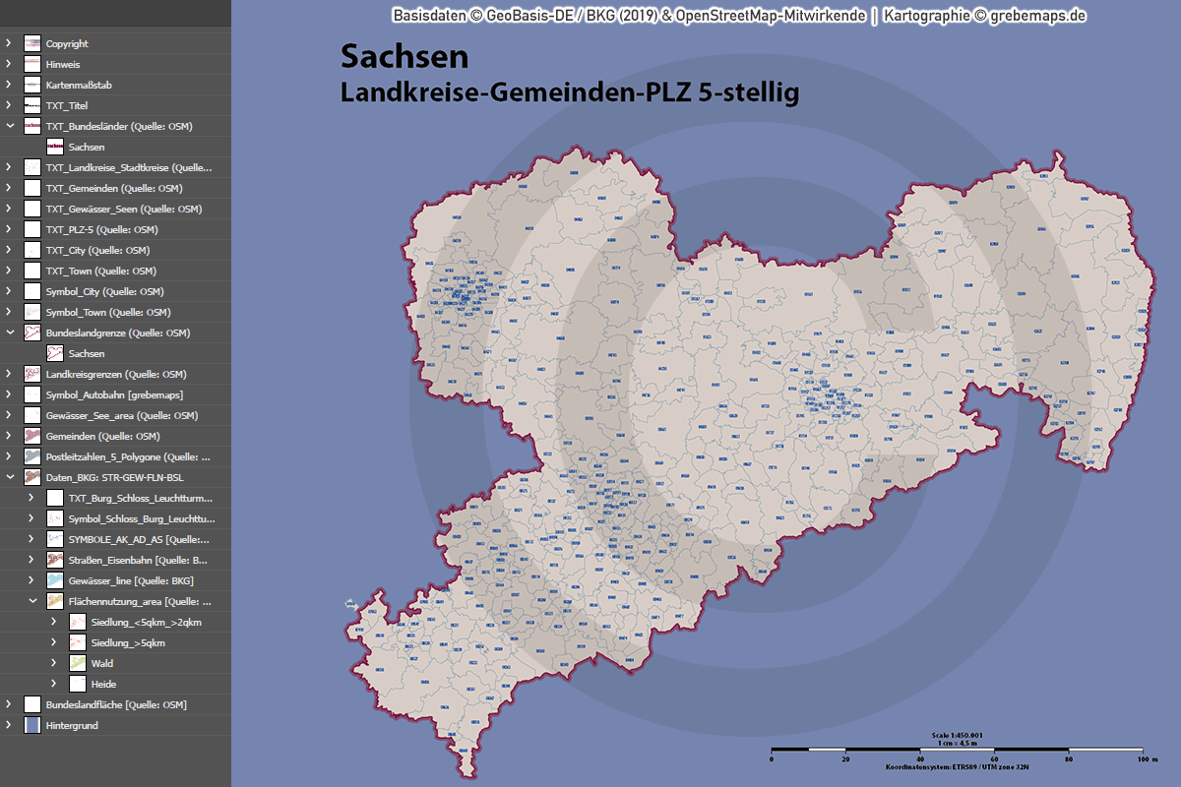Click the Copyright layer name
click(x=67, y=43)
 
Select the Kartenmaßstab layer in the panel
click(x=79, y=85)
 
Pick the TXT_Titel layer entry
click(x=67, y=105)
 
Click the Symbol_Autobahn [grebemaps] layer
click(x=114, y=394)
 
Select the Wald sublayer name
click(x=101, y=663)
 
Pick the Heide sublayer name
click(x=103, y=684)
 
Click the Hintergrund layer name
click(x=72, y=725)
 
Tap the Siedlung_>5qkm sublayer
click(x=127, y=642)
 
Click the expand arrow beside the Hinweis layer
click(x=9, y=64)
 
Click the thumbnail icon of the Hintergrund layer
click(x=32, y=725)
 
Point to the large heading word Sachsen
click(x=404, y=57)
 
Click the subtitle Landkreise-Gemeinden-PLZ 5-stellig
click(x=569, y=91)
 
